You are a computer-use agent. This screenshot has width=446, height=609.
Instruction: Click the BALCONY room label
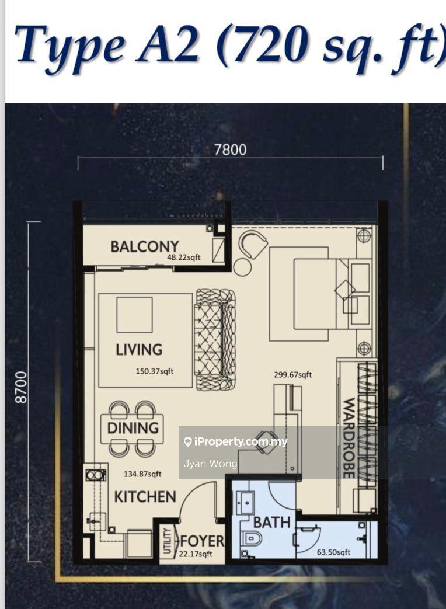[145, 246]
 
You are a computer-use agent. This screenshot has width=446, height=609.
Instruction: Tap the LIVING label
[139, 350]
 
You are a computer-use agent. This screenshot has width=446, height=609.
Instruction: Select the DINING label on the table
[133, 427]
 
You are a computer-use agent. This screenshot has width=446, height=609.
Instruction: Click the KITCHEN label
[145, 497]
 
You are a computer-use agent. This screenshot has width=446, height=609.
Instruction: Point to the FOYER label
[202, 541]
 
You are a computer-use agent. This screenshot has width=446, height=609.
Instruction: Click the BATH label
[271, 523]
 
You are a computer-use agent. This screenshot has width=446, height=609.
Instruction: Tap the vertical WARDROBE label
[349, 438]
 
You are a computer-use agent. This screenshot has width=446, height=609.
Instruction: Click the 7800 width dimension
[231, 150]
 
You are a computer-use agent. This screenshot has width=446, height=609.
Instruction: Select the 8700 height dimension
[22, 387]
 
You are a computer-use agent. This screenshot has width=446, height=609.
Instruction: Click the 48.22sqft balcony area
[184, 257]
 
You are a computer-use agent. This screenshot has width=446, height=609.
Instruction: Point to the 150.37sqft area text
[155, 371]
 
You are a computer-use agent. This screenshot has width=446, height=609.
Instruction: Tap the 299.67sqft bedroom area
[292, 375]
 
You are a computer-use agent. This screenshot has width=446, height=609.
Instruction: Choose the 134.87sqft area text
[142, 474]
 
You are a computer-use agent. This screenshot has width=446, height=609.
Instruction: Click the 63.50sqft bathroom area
[333, 552]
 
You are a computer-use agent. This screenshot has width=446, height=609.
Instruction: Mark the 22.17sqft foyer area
[196, 554]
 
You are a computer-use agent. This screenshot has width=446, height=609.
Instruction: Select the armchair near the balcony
[253, 244]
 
